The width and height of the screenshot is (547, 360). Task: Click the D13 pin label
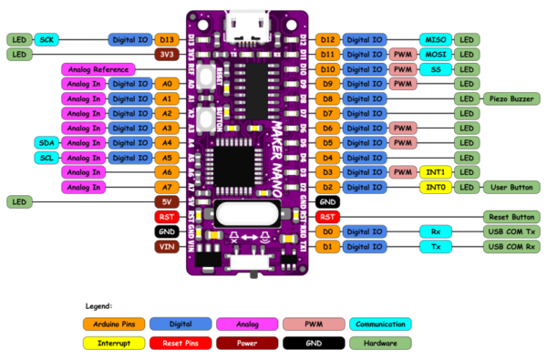point(166,40)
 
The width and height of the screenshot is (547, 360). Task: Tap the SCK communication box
point(46,40)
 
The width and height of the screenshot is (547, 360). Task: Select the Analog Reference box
point(98,69)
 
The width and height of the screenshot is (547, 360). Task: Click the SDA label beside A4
point(46,143)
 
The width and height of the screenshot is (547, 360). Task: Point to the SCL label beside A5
point(46,158)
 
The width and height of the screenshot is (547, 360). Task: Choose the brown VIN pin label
point(166,246)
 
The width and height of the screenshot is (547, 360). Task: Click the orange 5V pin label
point(166,201)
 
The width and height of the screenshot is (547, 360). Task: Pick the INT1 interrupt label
point(435,172)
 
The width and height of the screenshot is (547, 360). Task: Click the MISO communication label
point(435,40)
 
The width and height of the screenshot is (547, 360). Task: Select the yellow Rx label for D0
point(435,231)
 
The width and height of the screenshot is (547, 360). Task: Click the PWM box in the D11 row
point(401,55)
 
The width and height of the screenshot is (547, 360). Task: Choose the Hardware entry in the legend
point(379,343)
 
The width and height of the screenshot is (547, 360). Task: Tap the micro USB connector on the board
point(246,17)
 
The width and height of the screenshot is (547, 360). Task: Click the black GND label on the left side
point(166,231)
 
